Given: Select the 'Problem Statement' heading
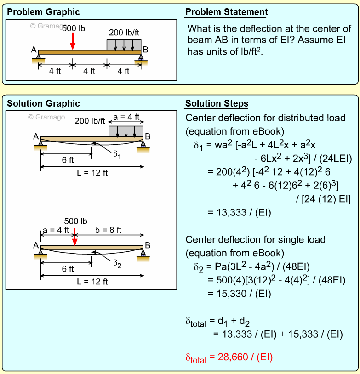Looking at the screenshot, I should [x=227, y=12].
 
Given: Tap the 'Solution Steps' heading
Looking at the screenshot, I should [x=217, y=103].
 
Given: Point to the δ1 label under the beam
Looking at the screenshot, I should [x=118, y=153].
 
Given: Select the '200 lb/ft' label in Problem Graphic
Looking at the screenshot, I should [x=124, y=33].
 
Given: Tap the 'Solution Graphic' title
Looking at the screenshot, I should [x=43, y=103].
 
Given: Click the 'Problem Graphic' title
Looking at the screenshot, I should [x=43, y=12].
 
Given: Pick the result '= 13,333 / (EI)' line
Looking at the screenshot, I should [x=240, y=212].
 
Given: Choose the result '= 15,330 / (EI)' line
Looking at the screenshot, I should [x=240, y=293].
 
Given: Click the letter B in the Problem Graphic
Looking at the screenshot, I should [x=145, y=50].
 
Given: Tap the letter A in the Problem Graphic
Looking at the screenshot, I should [x=34, y=50].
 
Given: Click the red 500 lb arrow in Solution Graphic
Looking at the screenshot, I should [x=74, y=238].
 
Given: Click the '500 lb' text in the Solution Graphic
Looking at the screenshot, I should [x=75, y=221].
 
